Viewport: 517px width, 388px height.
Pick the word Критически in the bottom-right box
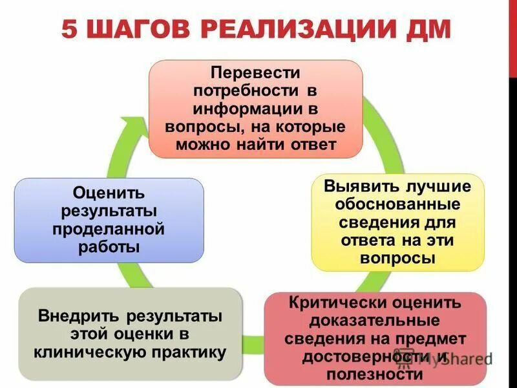pyautogui.click(x=337, y=303)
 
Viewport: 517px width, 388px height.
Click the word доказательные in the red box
pyautogui.click(x=375, y=321)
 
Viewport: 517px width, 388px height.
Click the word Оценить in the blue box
pyautogui.click(x=109, y=193)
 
